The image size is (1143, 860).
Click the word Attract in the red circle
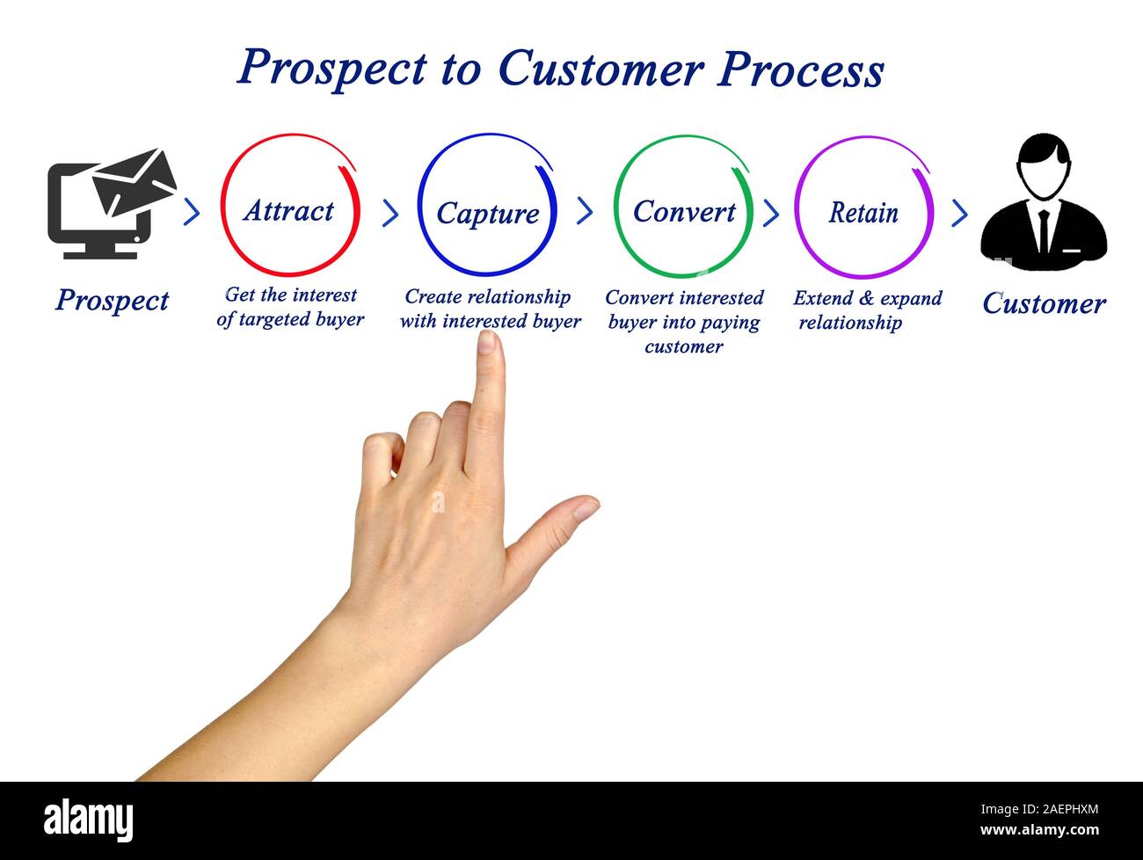tap(288, 211)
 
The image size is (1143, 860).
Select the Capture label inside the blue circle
tap(487, 213)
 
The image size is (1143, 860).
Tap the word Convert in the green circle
tap(684, 212)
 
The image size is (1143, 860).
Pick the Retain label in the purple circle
tap(863, 213)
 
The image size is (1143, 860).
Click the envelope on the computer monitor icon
tap(134, 180)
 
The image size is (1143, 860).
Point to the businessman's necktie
tap(1043, 230)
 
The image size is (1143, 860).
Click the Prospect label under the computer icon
tap(112, 300)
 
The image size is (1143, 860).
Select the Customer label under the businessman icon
tap(1044, 303)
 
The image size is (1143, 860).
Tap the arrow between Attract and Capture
tap(390, 213)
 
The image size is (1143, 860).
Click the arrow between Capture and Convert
tap(585, 211)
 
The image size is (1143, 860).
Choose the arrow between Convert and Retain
tap(771, 213)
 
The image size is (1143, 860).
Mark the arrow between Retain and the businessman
tap(959, 213)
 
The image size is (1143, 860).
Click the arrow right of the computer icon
tap(192, 212)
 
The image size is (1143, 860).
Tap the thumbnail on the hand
tap(584, 507)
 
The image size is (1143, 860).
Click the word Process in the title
tap(800, 70)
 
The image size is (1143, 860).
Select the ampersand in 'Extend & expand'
tap(866, 298)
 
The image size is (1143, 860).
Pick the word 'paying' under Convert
tap(732, 322)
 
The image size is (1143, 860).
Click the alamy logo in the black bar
tap(89, 820)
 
